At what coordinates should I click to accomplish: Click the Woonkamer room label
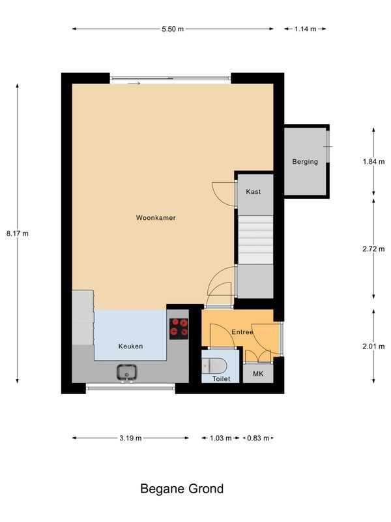point(156,217)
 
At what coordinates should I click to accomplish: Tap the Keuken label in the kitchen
point(130,346)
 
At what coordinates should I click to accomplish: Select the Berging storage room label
point(305,162)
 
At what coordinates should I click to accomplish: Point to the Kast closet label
point(253,192)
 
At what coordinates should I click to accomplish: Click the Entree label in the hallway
point(242,333)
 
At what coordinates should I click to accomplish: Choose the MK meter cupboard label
point(258,375)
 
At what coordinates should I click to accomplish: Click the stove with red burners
point(179,329)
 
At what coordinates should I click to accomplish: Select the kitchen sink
point(127,373)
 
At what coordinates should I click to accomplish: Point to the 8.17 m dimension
point(18,233)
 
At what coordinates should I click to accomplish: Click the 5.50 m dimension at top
point(173,29)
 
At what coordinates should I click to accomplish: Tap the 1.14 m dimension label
point(305,29)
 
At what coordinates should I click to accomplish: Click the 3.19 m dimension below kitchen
point(130,438)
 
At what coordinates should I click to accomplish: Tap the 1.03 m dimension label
point(220,438)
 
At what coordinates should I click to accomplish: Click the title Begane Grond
point(182,489)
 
